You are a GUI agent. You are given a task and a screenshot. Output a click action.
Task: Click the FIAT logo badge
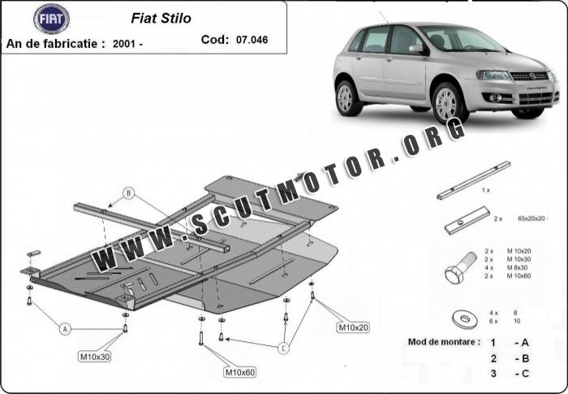(51, 19)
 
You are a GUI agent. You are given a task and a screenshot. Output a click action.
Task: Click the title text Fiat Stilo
(161, 18)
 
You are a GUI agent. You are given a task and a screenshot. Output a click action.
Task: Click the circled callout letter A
(62, 327)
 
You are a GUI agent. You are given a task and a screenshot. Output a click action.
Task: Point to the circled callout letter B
(127, 193)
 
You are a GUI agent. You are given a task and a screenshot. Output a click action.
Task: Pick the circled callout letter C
(283, 349)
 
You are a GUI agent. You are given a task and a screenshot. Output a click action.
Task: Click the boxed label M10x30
(96, 356)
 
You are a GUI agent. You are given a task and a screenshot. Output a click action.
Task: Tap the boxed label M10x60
(239, 372)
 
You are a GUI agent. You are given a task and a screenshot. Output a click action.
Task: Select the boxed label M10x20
(352, 327)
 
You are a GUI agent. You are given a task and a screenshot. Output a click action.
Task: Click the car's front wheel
(447, 103)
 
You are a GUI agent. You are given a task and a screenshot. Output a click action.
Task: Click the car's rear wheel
(346, 97)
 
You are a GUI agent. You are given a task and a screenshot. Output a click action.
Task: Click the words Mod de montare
(442, 342)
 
